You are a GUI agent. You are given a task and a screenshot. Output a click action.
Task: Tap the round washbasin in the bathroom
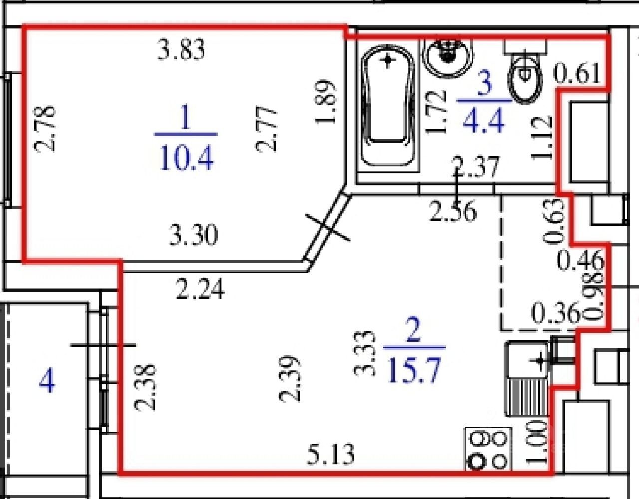(448, 58)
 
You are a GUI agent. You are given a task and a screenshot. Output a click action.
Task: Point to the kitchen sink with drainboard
(527, 378)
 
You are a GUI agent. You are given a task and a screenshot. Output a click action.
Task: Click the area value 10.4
(186, 158)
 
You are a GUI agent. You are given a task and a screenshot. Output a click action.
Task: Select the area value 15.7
(414, 370)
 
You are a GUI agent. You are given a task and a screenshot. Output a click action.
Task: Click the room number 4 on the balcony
(47, 382)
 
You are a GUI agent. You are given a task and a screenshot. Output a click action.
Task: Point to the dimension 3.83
(181, 50)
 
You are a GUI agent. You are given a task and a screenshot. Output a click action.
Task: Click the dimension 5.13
(330, 454)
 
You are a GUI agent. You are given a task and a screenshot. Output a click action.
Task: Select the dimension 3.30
(194, 235)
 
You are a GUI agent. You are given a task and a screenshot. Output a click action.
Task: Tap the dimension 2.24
(200, 289)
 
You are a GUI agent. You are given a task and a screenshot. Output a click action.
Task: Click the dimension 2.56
(453, 211)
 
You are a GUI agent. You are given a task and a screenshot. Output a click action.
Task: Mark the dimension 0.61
(577, 73)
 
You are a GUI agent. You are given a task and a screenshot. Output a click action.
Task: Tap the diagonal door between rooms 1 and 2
(327, 226)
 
